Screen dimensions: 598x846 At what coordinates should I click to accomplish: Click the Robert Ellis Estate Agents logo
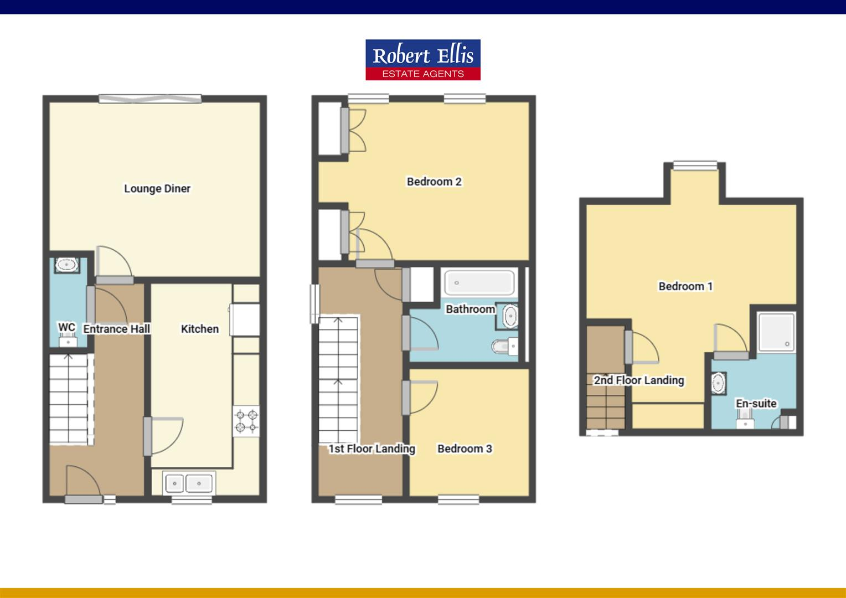(422, 60)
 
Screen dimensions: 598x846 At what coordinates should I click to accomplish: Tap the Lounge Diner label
(157, 189)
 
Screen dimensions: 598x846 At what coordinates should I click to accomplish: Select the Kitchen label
(199, 329)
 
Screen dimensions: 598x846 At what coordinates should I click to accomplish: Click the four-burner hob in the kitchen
(246, 421)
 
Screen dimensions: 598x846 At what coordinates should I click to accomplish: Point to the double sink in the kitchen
(188, 483)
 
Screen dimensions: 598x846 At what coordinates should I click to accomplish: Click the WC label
(66, 327)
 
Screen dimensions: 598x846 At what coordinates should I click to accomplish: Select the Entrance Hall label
(116, 329)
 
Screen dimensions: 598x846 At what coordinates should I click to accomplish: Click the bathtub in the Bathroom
(479, 282)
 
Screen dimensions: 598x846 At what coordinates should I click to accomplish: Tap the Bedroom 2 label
(434, 182)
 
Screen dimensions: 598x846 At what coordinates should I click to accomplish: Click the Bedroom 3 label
(465, 448)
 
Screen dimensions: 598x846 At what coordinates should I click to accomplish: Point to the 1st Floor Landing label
(372, 448)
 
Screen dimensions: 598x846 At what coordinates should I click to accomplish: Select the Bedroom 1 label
(685, 286)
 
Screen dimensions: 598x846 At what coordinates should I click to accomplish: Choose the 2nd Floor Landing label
(639, 380)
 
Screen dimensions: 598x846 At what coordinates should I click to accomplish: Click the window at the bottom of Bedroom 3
(458, 499)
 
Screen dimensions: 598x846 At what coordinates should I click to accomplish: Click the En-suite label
(756, 404)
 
